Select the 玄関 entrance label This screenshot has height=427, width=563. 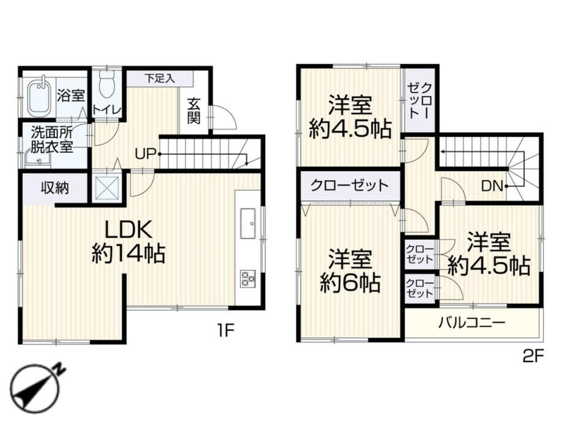194,111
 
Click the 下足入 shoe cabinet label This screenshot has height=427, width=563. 160,78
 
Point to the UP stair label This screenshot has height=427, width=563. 145,154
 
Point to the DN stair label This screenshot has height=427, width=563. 491,186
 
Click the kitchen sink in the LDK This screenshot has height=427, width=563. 247,223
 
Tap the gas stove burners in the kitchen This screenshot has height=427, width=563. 247,278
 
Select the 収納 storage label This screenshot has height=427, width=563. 54,188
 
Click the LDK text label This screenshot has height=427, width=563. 129,229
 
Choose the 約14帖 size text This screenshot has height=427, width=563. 128,253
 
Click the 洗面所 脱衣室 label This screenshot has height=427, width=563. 52,139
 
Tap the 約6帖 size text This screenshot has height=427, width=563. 350,283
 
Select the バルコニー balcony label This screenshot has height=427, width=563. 471,323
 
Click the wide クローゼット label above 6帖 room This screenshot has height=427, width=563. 349,185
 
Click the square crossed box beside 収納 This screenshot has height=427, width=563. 106,188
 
